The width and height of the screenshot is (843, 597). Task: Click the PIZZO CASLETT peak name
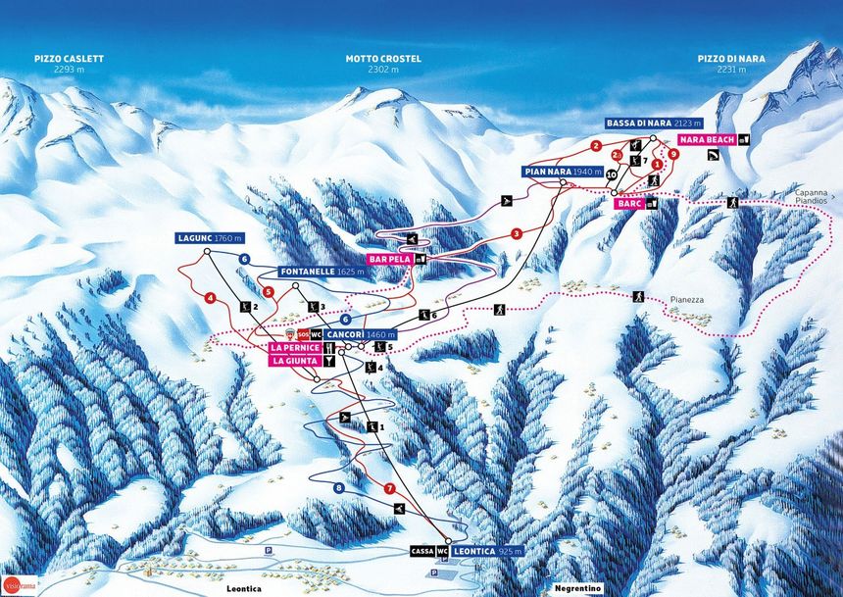(x=68, y=59)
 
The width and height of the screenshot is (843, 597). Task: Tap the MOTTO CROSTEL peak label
(x=382, y=59)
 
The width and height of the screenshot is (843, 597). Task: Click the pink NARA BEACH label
(x=706, y=139)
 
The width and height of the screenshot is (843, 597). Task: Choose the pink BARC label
(x=629, y=204)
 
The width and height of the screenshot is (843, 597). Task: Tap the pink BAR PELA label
(x=389, y=259)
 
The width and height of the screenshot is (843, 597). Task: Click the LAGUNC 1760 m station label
(x=209, y=238)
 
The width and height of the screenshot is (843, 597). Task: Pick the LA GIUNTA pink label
(x=293, y=361)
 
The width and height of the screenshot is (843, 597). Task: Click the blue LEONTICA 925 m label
(x=487, y=552)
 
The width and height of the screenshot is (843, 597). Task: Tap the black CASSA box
(x=422, y=552)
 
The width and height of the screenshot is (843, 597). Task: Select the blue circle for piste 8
(x=339, y=487)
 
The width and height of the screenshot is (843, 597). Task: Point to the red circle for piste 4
(x=210, y=297)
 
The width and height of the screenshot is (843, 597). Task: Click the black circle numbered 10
(x=612, y=174)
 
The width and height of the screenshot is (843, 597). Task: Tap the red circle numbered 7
(x=389, y=488)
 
